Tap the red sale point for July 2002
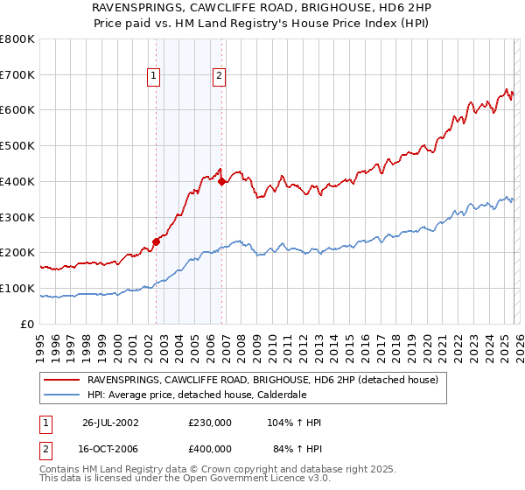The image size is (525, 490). click(156, 241)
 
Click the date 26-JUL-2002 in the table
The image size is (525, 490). click(110, 423)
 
